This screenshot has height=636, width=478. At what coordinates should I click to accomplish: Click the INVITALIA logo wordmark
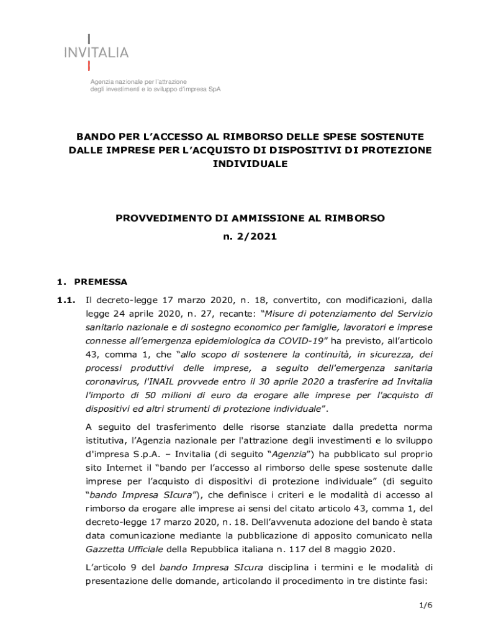coord(96,53)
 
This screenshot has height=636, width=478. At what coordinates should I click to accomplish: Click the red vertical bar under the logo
coord(89,65)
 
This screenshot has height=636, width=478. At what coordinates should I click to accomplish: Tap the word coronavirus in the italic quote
coord(112,382)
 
